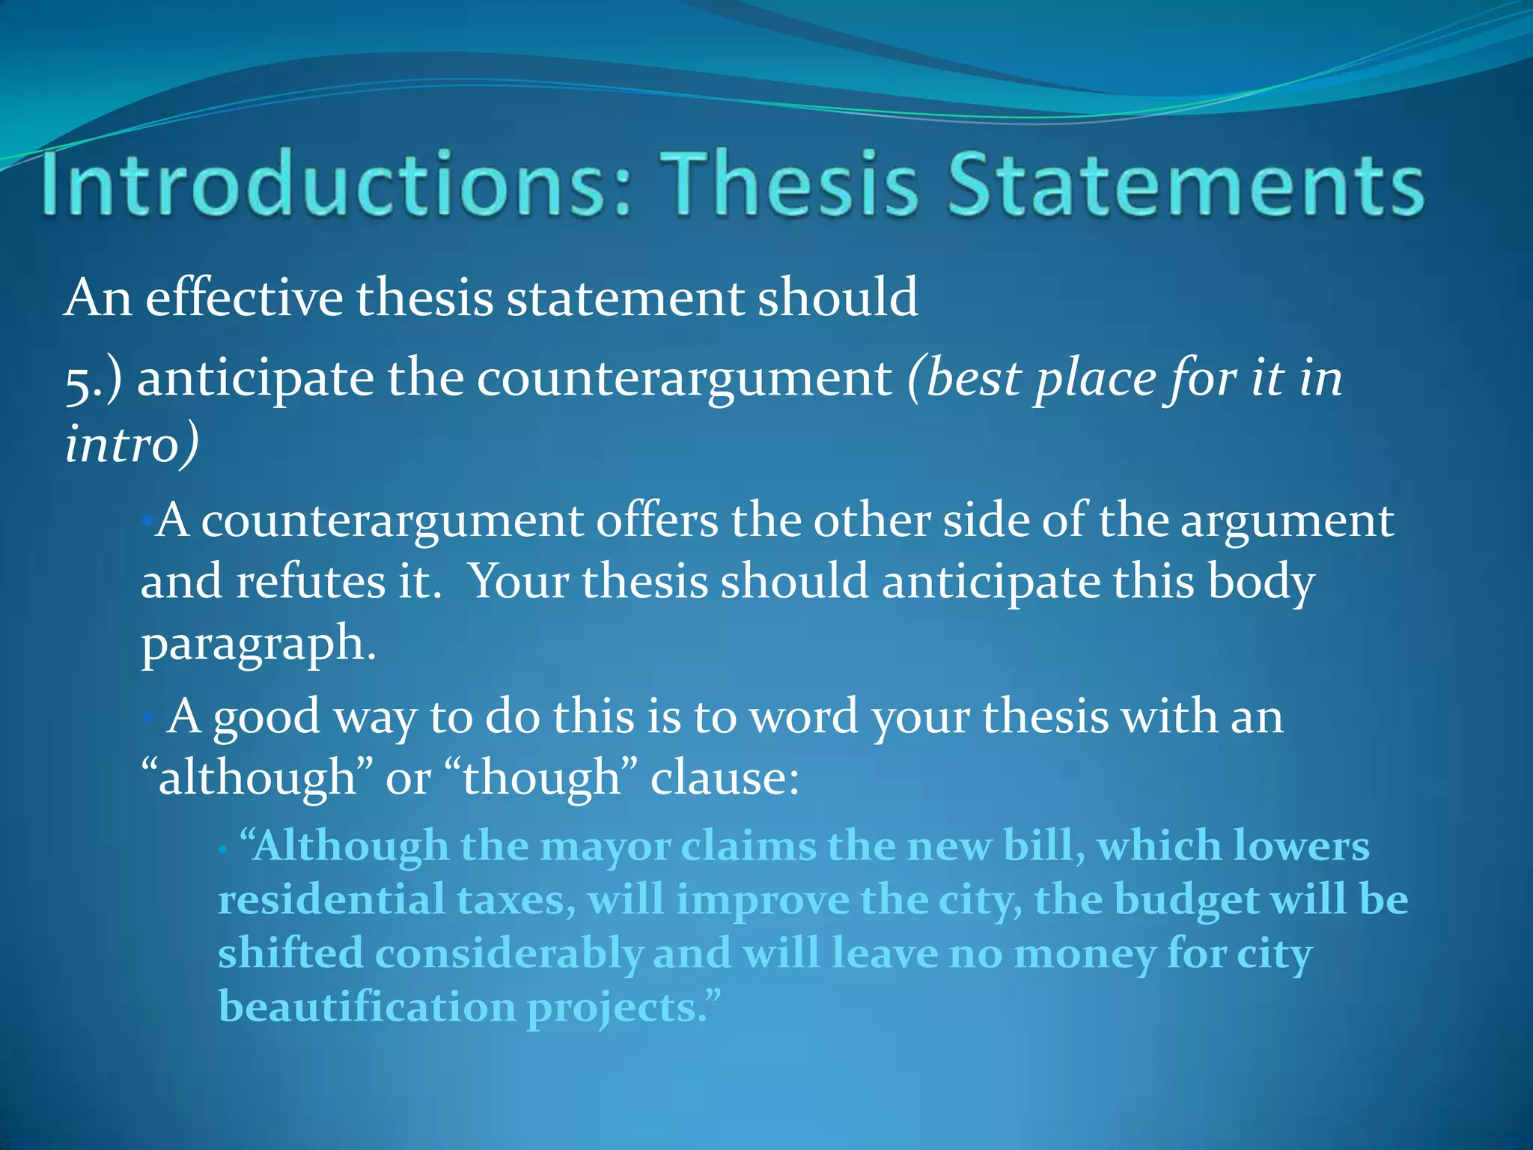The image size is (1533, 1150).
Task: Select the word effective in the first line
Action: click(x=244, y=298)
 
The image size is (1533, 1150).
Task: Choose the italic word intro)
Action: click(x=132, y=443)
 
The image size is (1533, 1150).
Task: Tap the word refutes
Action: click(x=311, y=581)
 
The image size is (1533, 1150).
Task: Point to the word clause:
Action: click(x=725, y=777)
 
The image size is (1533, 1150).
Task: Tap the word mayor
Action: click(x=606, y=847)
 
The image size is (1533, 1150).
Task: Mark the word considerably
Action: click(x=508, y=955)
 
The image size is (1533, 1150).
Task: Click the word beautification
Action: click(x=367, y=1007)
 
